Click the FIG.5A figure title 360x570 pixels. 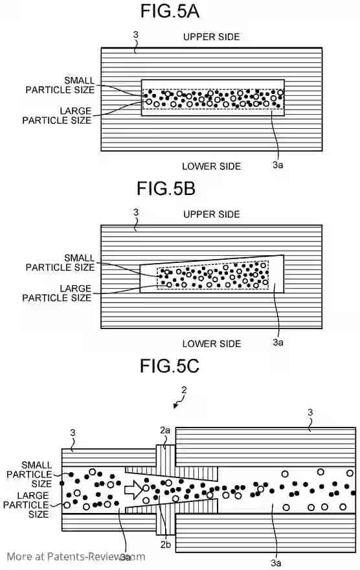coord(170,11)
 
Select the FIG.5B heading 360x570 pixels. coord(166,188)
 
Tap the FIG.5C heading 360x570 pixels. coord(170,366)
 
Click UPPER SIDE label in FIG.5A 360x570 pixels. coord(212,37)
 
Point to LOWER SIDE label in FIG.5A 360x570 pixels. coord(212,166)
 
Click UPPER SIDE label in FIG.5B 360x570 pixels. coord(212,214)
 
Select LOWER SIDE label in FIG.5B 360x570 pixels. coord(212,343)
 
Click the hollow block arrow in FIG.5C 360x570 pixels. coord(133,490)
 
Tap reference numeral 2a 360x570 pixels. coord(165,430)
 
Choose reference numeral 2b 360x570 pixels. coord(166,544)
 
